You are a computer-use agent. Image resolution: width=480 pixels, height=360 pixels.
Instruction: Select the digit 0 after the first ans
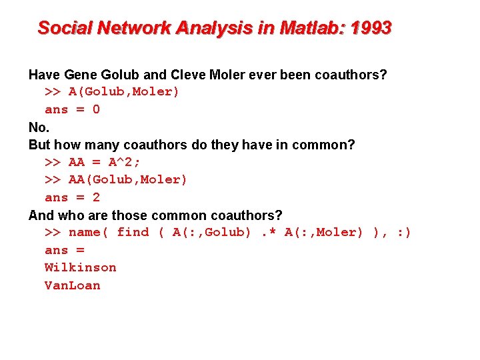pos(96,109)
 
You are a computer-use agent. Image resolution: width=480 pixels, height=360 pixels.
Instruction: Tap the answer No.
pos(39,127)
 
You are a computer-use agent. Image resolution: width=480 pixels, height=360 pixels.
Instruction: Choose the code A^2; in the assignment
pos(125,162)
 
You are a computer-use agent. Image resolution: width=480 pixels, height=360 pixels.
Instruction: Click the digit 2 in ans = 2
pos(96,197)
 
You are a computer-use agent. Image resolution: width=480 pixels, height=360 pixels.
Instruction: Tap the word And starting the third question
pos(41,215)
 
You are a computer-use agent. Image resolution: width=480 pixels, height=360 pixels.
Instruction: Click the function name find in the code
pos(133,232)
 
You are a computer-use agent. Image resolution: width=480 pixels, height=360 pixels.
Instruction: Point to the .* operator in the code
pos(268,232)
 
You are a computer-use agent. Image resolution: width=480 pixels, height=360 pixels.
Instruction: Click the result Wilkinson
pos(80,267)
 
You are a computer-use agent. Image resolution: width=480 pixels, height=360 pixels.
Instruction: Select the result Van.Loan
pos(72,285)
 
